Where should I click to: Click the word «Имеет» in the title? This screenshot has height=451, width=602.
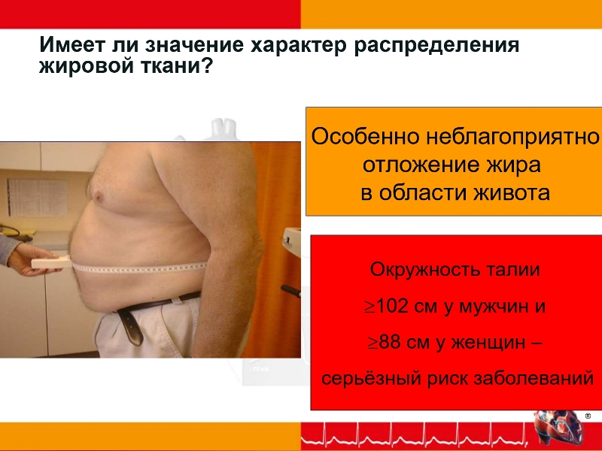tap(71, 45)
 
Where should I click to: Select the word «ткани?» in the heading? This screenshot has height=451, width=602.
tap(175, 66)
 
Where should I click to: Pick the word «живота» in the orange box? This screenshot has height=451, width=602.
tap(512, 192)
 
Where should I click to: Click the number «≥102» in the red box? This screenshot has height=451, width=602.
tap(386, 307)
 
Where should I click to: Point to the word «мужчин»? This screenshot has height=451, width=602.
tap(493, 307)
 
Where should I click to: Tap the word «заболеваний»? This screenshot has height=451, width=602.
tap(534, 379)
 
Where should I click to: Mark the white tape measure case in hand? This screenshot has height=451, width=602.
tap(51, 262)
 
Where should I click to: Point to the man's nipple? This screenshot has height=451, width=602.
tap(99, 196)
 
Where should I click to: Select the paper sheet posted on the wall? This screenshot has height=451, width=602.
tap(38, 197)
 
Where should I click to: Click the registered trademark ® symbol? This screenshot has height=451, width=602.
tap(588, 416)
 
